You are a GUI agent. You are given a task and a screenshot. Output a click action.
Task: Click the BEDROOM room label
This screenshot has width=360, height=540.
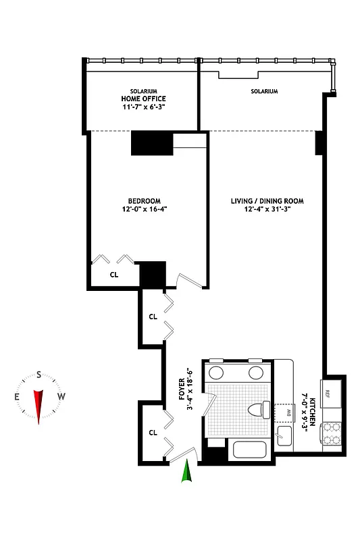click(x=145, y=200)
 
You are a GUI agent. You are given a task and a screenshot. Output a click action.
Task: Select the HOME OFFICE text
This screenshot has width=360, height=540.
click(x=143, y=98)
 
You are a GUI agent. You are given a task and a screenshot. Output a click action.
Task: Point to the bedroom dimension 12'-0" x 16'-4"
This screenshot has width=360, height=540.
click(x=145, y=209)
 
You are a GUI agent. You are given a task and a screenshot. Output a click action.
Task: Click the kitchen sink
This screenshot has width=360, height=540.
click(x=284, y=435)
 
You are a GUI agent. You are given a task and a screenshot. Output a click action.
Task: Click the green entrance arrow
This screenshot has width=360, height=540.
click(x=187, y=475)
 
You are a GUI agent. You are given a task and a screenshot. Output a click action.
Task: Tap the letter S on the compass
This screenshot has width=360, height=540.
click(x=39, y=375)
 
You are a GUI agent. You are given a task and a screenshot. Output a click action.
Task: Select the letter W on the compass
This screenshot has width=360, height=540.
click(x=61, y=396)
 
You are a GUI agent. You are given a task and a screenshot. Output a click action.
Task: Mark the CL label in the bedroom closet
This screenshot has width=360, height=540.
click(x=114, y=274)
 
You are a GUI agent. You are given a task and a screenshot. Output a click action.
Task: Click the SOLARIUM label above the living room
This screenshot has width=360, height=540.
click(x=264, y=90)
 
